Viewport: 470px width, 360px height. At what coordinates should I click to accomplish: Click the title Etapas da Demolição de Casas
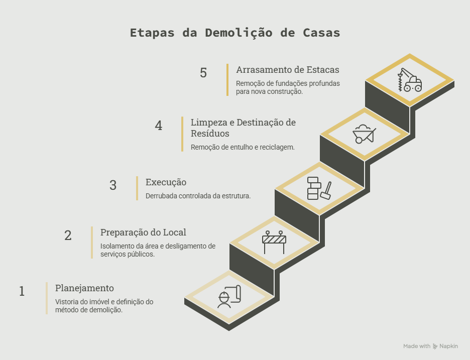click(x=235, y=33)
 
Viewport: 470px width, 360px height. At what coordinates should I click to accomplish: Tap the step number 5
click(x=203, y=73)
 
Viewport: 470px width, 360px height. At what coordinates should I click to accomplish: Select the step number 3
click(x=112, y=185)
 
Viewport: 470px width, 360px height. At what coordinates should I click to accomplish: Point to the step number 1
click(x=22, y=291)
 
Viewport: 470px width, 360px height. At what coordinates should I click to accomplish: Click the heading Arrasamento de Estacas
click(x=287, y=70)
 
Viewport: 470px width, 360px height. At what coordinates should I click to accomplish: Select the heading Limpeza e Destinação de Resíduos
click(x=243, y=128)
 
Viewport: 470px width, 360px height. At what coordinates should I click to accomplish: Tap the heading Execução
click(x=166, y=182)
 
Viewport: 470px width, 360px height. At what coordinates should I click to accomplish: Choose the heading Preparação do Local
click(x=143, y=232)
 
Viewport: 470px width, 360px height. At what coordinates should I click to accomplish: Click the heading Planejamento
click(x=84, y=288)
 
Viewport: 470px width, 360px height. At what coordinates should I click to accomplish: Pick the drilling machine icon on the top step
click(x=410, y=79)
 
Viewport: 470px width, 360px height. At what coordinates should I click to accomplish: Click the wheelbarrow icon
click(x=364, y=134)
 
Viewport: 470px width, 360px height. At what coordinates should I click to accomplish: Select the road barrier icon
click(x=274, y=242)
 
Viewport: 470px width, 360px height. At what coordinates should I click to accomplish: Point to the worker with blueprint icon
click(x=229, y=296)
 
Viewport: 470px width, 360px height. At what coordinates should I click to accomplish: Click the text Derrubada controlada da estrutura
click(x=198, y=196)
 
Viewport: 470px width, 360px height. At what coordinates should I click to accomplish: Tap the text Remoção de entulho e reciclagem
click(x=243, y=147)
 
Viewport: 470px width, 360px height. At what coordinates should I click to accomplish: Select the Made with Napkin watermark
click(x=430, y=346)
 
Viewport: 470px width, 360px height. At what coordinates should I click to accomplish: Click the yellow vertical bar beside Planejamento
click(x=47, y=298)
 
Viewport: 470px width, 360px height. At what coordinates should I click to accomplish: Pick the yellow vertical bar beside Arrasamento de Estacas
click(x=227, y=80)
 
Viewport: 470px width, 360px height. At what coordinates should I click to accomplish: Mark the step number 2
click(x=68, y=235)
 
